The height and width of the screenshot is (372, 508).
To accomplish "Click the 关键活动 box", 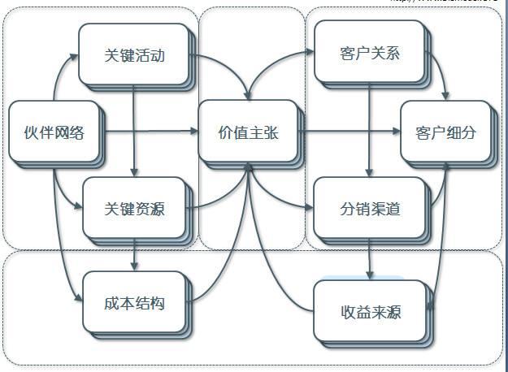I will [x=134, y=54].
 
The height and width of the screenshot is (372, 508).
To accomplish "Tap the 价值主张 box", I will [x=248, y=131].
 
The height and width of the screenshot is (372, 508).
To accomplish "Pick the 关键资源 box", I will [x=134, y=208].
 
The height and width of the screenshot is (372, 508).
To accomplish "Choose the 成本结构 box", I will [x=134, y=304].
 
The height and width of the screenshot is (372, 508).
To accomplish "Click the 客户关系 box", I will [x=369, y=54].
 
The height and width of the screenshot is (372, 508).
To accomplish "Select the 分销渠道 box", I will [x=369, y=208].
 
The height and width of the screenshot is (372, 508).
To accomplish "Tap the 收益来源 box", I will [x=369, y=311].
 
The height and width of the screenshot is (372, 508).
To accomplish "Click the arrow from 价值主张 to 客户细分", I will [x=350, y=130].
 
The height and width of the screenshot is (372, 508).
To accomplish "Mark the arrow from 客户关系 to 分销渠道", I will [x=369, y=130].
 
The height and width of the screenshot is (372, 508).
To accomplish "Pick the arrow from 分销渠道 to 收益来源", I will [x=369, y=260].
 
